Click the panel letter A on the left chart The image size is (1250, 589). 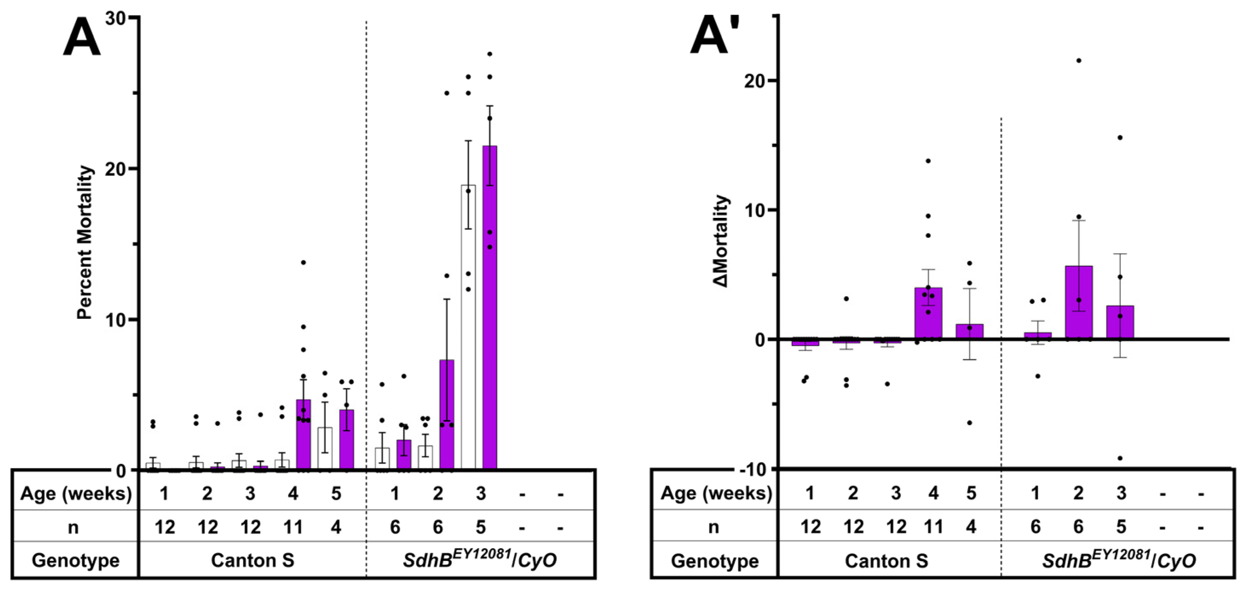pos(81,39)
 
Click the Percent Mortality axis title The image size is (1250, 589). pos(84,243)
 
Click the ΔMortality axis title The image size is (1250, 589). pos(722,241)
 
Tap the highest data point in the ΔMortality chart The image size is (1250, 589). pos(1078,60)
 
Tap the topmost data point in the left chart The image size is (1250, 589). pos(490,54)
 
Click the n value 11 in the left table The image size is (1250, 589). pos(293,527)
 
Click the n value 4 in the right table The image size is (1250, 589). pos(971,526)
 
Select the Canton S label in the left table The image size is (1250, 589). pos(252,560)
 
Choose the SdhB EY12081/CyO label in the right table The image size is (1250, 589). pos(1118,560)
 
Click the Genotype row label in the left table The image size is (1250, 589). pos(75,560)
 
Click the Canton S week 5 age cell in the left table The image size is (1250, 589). pos(336,494)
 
